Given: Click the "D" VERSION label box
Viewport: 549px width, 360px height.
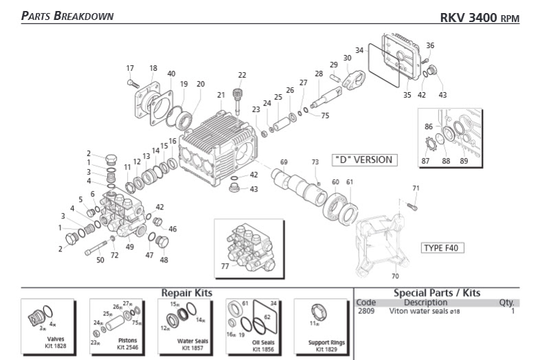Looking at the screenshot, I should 363,159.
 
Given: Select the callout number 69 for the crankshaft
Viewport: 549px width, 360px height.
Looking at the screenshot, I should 283,162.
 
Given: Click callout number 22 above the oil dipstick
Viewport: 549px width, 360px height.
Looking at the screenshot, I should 242,75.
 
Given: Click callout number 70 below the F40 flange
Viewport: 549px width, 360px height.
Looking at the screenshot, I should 394,276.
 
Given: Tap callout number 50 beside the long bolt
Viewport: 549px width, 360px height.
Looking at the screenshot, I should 100,260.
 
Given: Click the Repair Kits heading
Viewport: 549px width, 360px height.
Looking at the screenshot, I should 186,293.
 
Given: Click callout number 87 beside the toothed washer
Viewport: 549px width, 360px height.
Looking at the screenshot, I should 425,161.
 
